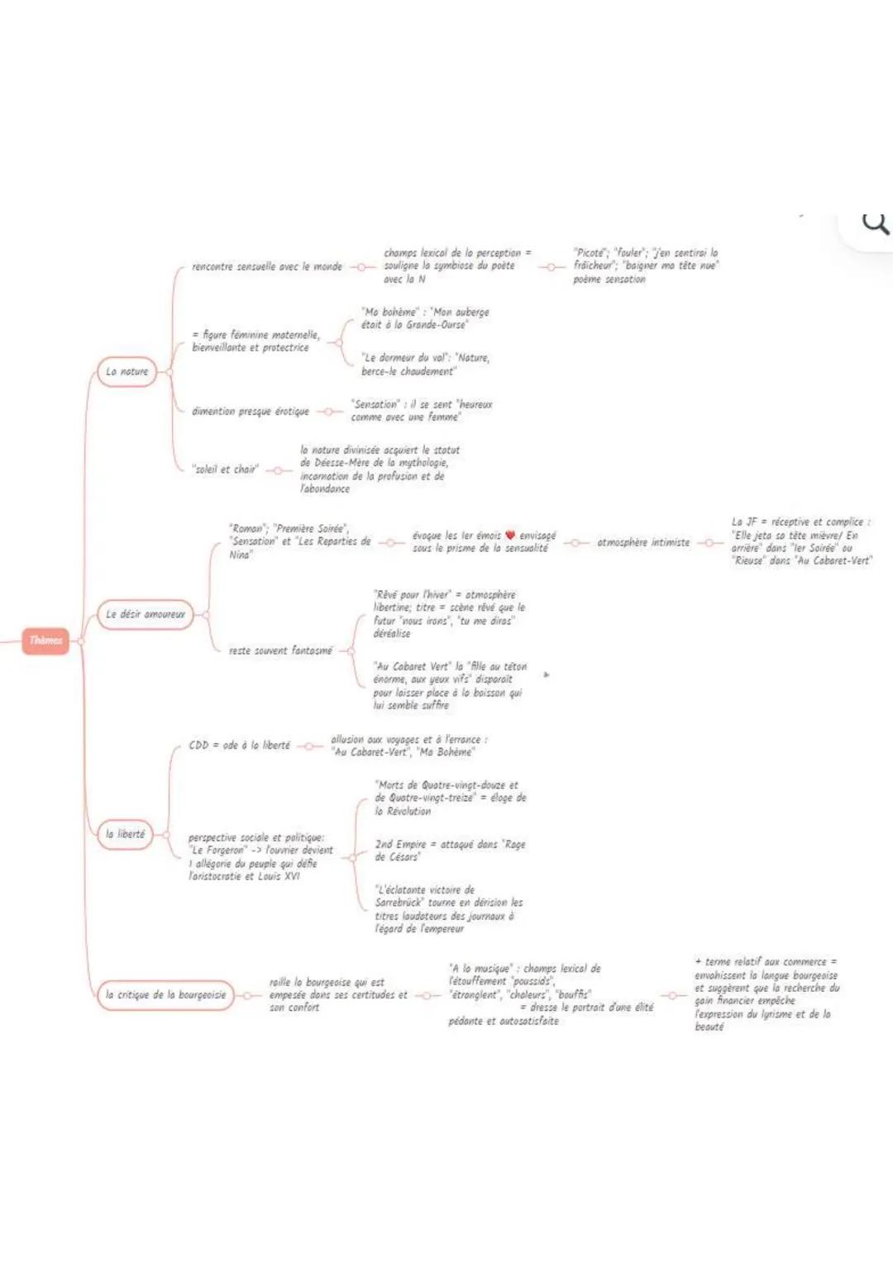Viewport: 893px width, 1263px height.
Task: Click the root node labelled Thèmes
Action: [45, 641]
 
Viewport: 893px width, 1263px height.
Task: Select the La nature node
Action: [127, 372]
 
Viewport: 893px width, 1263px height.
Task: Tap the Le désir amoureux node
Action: [145, 614]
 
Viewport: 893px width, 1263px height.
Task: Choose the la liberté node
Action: [125, 834]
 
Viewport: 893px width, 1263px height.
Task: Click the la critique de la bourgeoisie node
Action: [165, 995]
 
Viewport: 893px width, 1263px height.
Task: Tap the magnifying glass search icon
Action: [875, 223]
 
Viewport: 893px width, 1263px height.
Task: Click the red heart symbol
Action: [510, 536]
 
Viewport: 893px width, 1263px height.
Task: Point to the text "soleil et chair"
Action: [225, 469]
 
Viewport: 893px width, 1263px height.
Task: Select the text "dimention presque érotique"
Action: [251, 411]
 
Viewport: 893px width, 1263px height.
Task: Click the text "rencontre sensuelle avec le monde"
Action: [266, 267]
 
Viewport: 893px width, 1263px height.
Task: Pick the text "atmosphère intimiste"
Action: [643, 542]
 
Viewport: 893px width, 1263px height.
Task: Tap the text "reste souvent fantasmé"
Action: [280, 651]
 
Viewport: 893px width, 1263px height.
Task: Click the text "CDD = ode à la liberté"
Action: [239, 746]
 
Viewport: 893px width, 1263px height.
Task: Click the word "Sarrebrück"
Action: [401, 903]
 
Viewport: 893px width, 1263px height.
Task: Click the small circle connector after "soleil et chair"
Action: [279, 470]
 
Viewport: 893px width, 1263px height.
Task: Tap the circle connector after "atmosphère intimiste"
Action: [709, 543]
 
